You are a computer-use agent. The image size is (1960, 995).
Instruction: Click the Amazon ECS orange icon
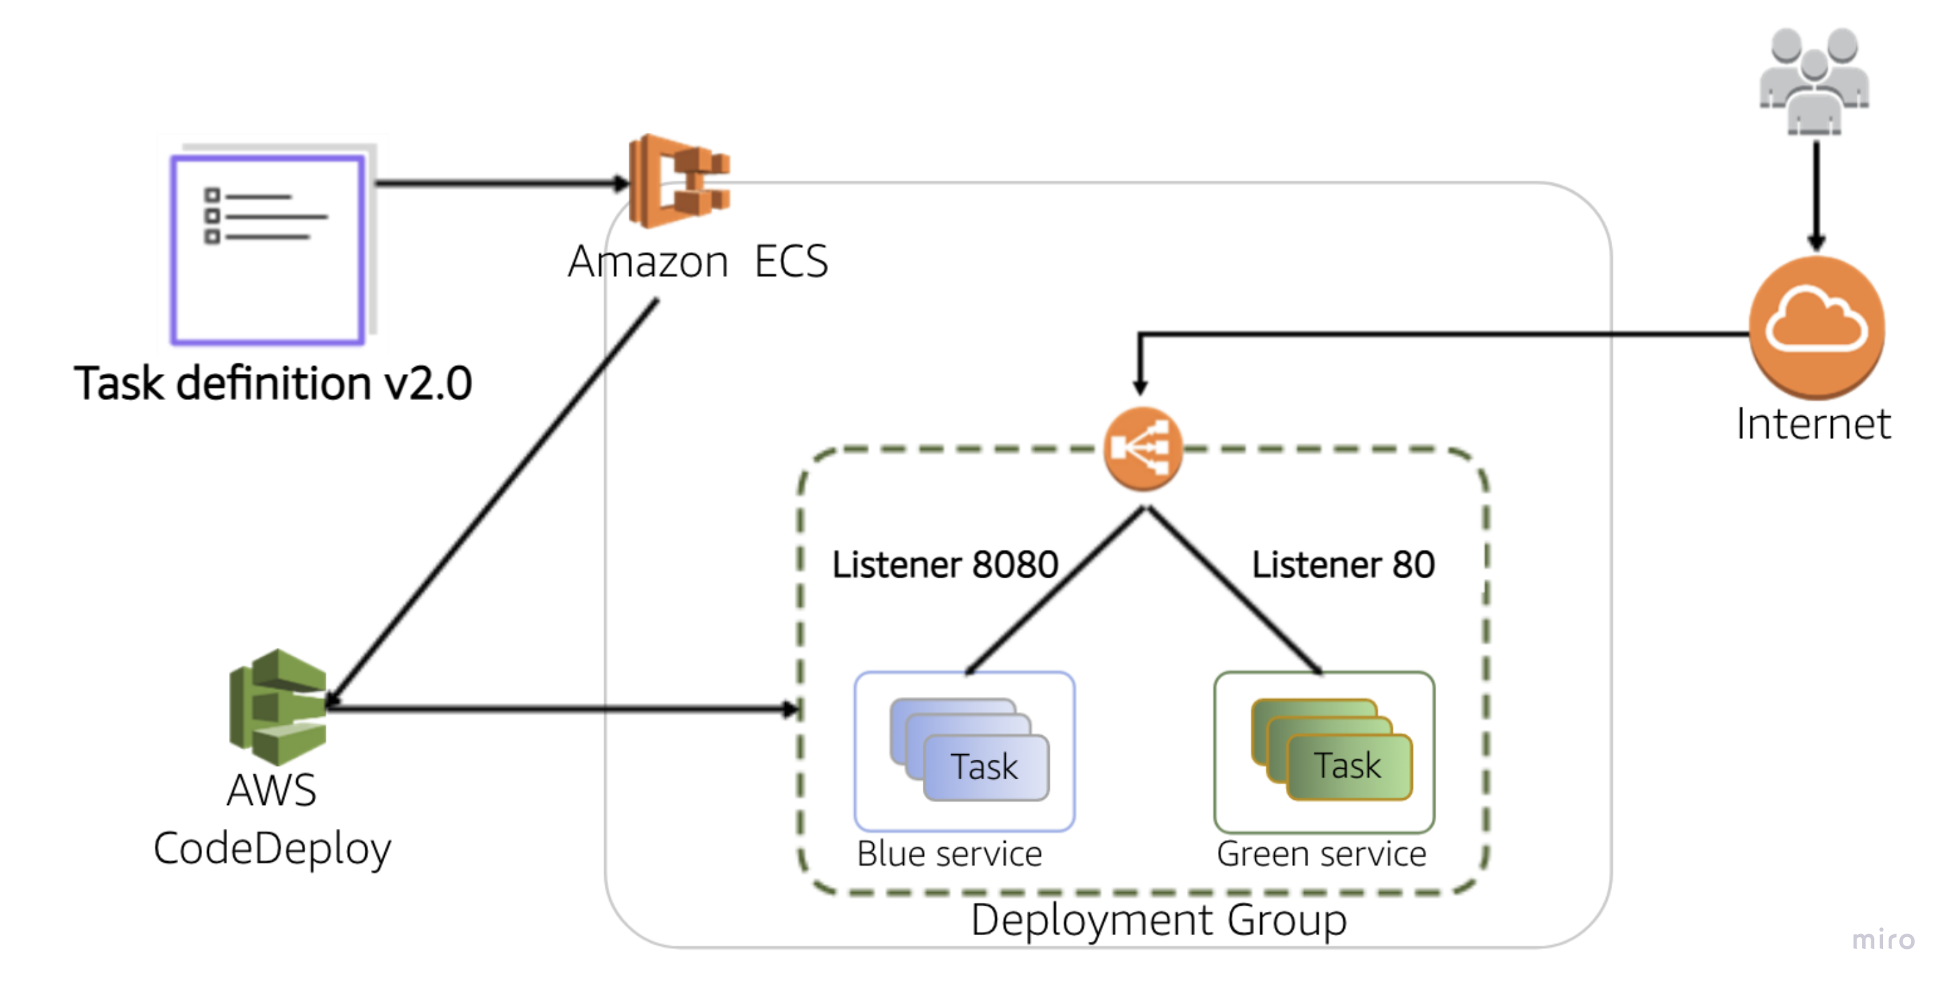[x=679, y=181]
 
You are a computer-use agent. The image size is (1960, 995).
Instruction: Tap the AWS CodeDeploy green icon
[x=279, y=707]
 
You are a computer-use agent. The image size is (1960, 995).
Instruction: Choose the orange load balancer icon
[x=1142, y=449]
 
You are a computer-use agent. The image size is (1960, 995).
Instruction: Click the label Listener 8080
[x=944, y=564]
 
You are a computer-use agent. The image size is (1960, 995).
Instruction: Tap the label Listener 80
[x=1343, y=564]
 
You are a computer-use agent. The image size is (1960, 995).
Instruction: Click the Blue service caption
[x=949, y=853]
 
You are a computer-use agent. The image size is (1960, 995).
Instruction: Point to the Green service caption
[x=1321, y=853]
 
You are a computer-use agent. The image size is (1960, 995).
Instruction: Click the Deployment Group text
[x=1158, y=920]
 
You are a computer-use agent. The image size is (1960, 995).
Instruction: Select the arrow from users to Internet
[x=1816, y=194]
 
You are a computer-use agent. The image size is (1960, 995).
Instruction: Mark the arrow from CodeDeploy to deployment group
[x=563, y=709]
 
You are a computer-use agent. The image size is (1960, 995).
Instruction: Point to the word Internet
[x=1813, y=424]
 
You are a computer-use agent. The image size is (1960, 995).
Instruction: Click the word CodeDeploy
[x=272, y=849]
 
